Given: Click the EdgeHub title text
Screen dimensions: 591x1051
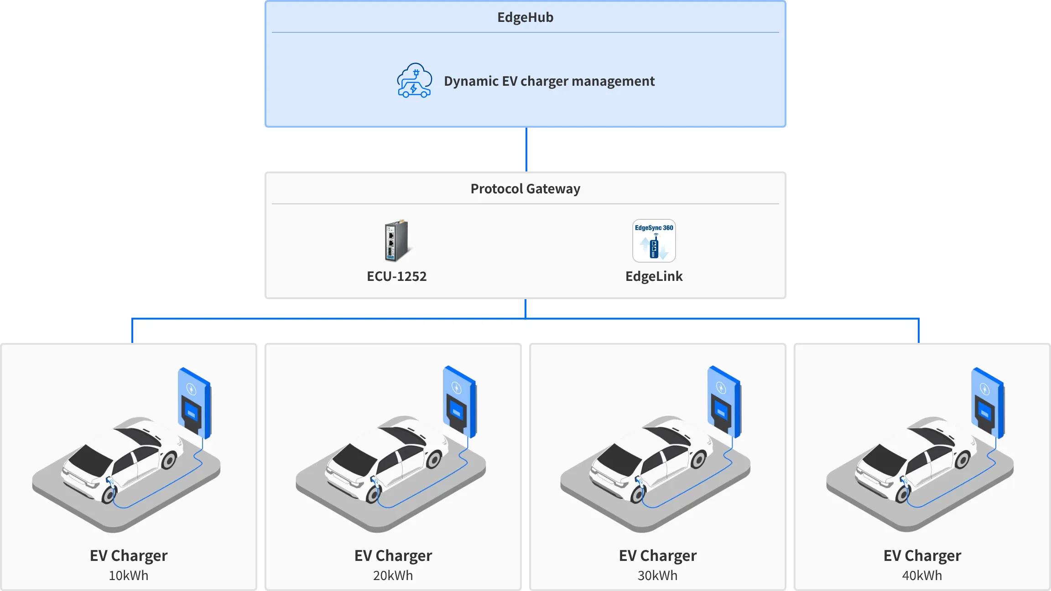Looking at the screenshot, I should tap(525, 17).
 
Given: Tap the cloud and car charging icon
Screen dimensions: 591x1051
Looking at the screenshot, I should tap(414, 81).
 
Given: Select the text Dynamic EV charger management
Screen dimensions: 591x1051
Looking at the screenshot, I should tap(549, 81).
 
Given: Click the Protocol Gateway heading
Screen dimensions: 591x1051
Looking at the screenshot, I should tap(525, 189).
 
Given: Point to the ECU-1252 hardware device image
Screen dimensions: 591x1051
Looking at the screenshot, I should tap(396, 241).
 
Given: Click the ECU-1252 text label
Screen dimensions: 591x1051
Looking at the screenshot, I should tap(396, 276).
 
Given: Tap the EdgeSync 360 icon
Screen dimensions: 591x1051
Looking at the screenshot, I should tap(654, 241).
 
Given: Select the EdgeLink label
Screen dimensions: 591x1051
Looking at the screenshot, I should tap(654, 276).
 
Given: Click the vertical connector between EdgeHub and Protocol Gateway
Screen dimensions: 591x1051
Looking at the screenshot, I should tap(526, 150).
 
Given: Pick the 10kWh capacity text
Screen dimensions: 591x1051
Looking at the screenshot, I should tap(128, 575).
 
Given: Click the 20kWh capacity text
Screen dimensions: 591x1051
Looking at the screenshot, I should tap(393, 575).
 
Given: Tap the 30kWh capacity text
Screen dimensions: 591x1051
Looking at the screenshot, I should tap(657, 575).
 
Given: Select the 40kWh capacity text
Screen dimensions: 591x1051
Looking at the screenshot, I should tap(922, 575).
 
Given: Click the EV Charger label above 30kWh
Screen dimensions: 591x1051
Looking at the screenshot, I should tap(657, 555).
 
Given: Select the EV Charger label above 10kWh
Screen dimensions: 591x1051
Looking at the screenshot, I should tap(128, 555).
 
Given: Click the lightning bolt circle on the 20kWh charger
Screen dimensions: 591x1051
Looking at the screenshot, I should tap(457, 388).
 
